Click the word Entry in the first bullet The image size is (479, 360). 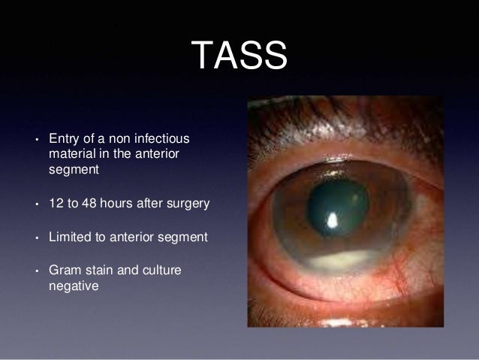click(63, 140)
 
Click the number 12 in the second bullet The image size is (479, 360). click(56, 204)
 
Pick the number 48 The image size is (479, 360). click(94, 204)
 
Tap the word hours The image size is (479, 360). click(123, 204)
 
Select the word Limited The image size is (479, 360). click(70, 238)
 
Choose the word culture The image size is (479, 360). click(163, 271)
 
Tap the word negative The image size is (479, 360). click(74, 286)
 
